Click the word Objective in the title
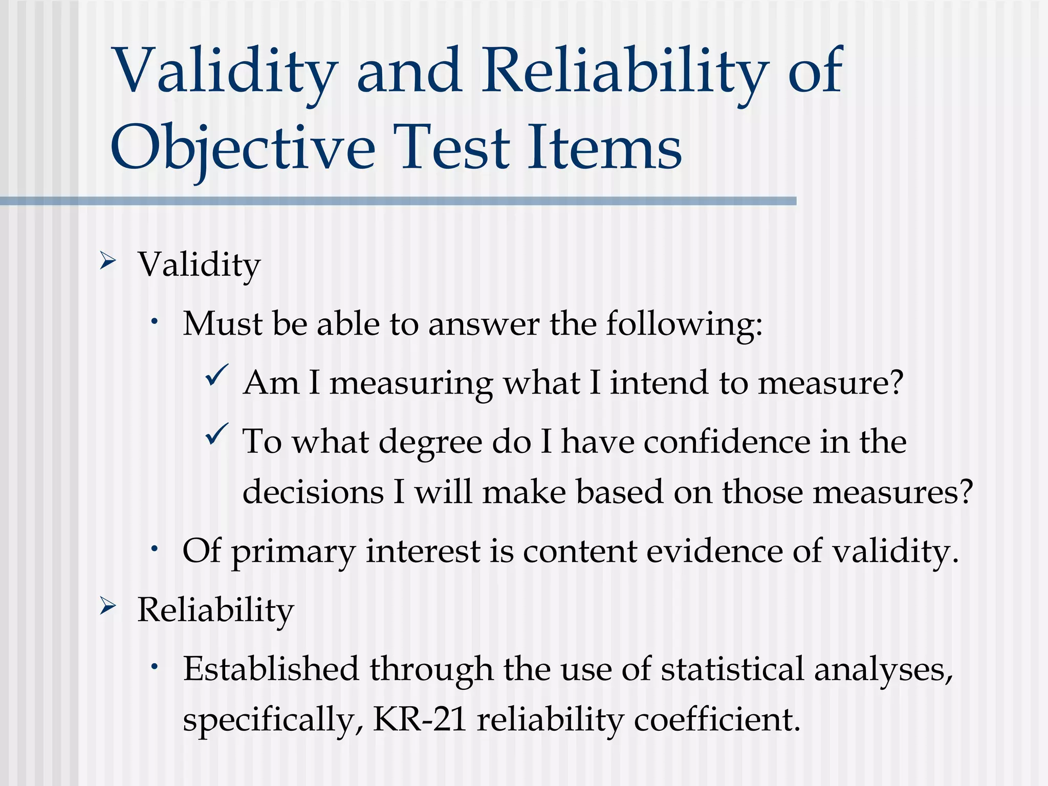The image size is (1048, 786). pyautogui.click(x=243, y=148)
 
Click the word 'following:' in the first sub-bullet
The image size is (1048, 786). pyautogui.click(x=684, y=324)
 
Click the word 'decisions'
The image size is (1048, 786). pyautogui.click(x=313, y=492)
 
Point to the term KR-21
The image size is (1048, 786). pyautogui.click(x=420, y=719)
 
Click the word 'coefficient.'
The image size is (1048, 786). pyautogui.click(x=716, y=719)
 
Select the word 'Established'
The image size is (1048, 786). pyautogui.click(x=271, y=669)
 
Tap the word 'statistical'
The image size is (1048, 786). pyautogui.click(x=732, y=669)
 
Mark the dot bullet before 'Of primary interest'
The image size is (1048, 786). pyautogui.click(x=154, y=549)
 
